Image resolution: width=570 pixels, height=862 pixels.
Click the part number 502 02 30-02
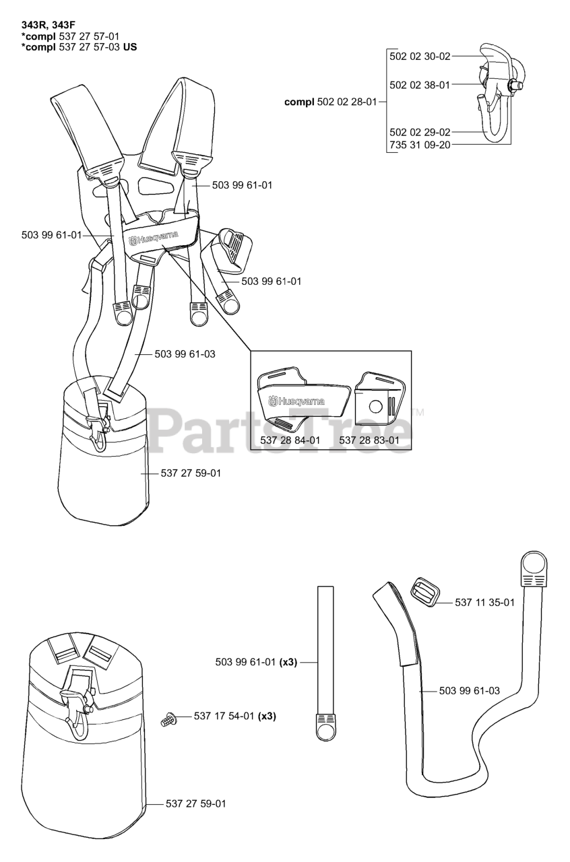[x=420, y=57]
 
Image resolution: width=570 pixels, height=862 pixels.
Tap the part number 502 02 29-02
[x=420, y=132]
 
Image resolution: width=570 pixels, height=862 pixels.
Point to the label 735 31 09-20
[x=420, y=145]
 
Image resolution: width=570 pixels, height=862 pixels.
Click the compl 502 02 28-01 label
[x=331, y=102]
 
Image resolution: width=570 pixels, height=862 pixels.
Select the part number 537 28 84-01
[x=290, y=440]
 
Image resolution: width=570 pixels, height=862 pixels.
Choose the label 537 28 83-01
[x=374, y=440]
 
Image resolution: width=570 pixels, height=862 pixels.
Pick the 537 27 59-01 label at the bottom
[x=195, y=803]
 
